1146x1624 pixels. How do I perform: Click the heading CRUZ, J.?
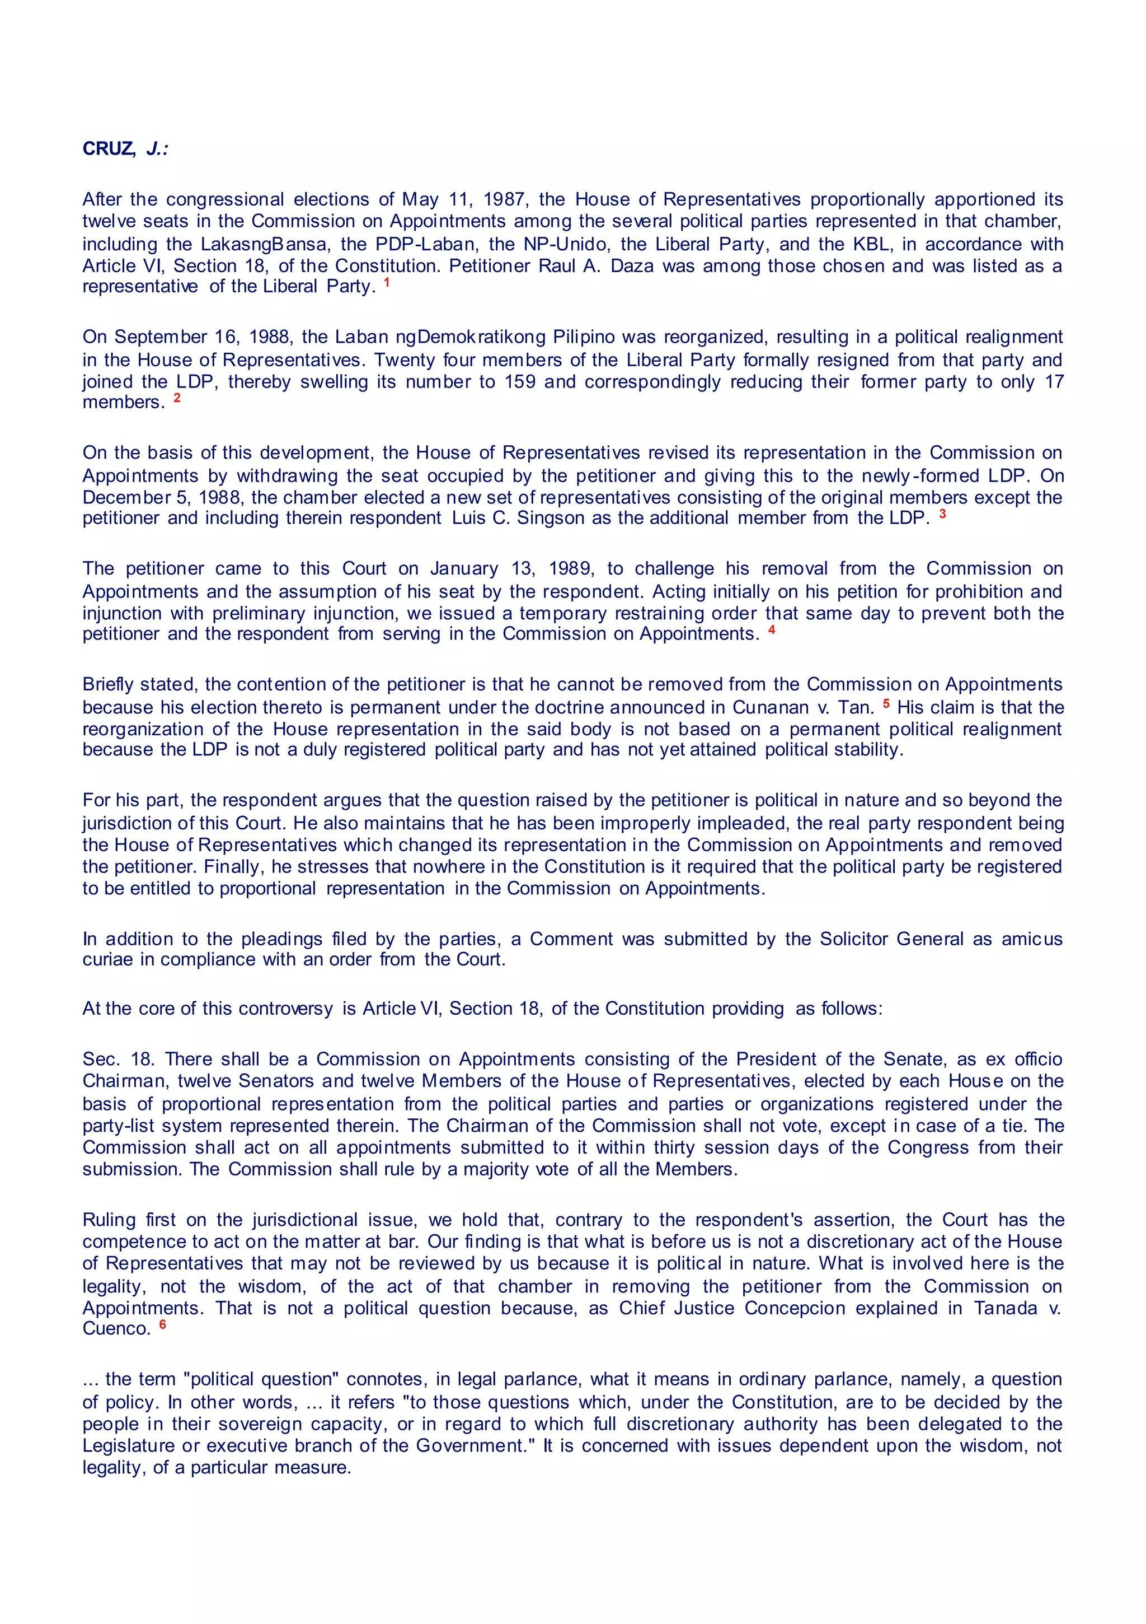[x=125, y=150]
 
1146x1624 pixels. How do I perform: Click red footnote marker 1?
[x=387, y=282]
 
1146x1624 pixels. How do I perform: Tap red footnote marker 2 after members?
[x=177, y=398]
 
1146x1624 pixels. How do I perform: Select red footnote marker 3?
[x=942, y=514]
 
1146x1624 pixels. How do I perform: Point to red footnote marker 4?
[x=772, y=629]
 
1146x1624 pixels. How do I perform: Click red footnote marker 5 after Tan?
[x=886, y=704]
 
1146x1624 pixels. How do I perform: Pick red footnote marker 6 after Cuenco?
[x=163, y=1324]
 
